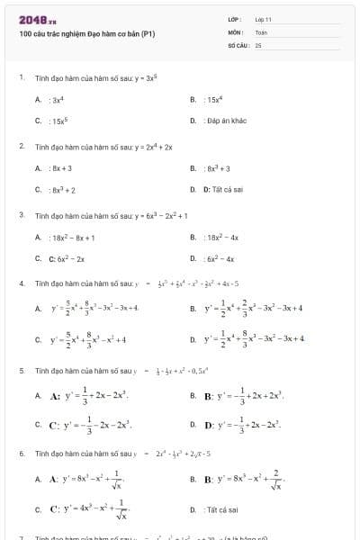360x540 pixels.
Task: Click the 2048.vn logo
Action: tap(37, 20)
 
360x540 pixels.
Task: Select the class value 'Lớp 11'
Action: tap(263, 19)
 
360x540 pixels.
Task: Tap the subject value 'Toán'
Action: tap(261, 31)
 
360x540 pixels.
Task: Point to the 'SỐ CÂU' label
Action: tap(238, 44)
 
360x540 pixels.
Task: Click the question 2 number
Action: tap(22, 146)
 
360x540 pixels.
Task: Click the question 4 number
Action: tap(22, 283)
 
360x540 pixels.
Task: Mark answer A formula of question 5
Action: tap(90, 395)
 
